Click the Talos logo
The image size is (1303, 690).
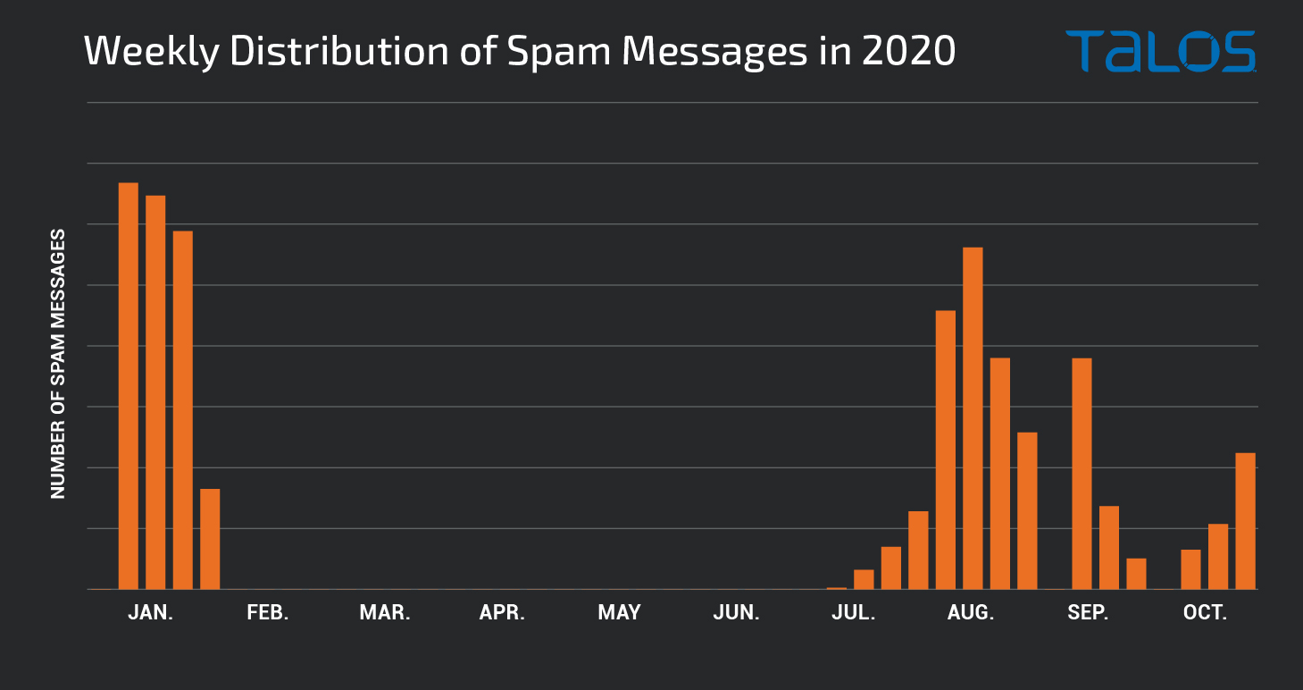click(1161, 52)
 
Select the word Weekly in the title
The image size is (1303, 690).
click(152, 52)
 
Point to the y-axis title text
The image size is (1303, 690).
click(58, 364)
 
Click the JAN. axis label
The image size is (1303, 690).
click(151, 612)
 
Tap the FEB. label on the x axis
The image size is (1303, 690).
click(268, 612)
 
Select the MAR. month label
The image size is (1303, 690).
click(385, 612)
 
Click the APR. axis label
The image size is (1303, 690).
click(502, 612)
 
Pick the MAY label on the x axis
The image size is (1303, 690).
click(620, 612)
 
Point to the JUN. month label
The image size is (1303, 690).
click(737, 612)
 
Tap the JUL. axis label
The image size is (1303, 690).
click(854, 612)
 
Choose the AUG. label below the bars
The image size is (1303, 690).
click(971, 612)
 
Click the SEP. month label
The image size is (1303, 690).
click(1088, 612)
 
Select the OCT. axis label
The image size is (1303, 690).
click(1206, 612)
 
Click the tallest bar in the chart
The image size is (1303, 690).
click(129, 386)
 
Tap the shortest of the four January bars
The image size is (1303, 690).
click(210, 539)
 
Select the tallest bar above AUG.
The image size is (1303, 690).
click(973, 418)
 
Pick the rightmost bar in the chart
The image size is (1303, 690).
click(1246, 521)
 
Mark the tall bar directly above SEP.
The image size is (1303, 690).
click(1082, 474)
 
